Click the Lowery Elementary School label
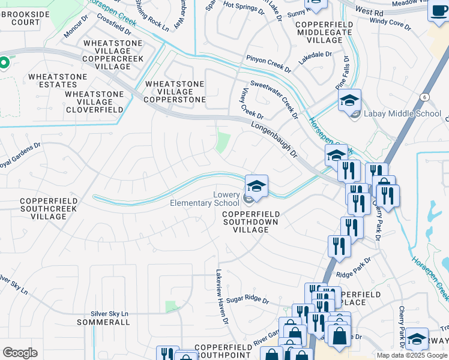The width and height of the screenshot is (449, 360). (x=205, y=199)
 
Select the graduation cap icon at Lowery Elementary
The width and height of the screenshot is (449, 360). (x=256, y=186)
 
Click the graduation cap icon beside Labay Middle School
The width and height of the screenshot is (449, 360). (x=349, y=100)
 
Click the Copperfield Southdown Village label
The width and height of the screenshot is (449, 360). (x=250, y=221)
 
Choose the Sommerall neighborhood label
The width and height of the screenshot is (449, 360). (x=103, y=322)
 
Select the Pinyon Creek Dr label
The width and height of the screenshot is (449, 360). (x=268, y=65)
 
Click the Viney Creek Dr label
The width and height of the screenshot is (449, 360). (x=252, y=103)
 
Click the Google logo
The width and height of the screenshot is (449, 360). (x=20, y=353)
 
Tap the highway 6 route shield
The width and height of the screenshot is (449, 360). (x=424, y=97)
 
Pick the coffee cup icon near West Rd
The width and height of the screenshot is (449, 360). (x=438, y=10)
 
